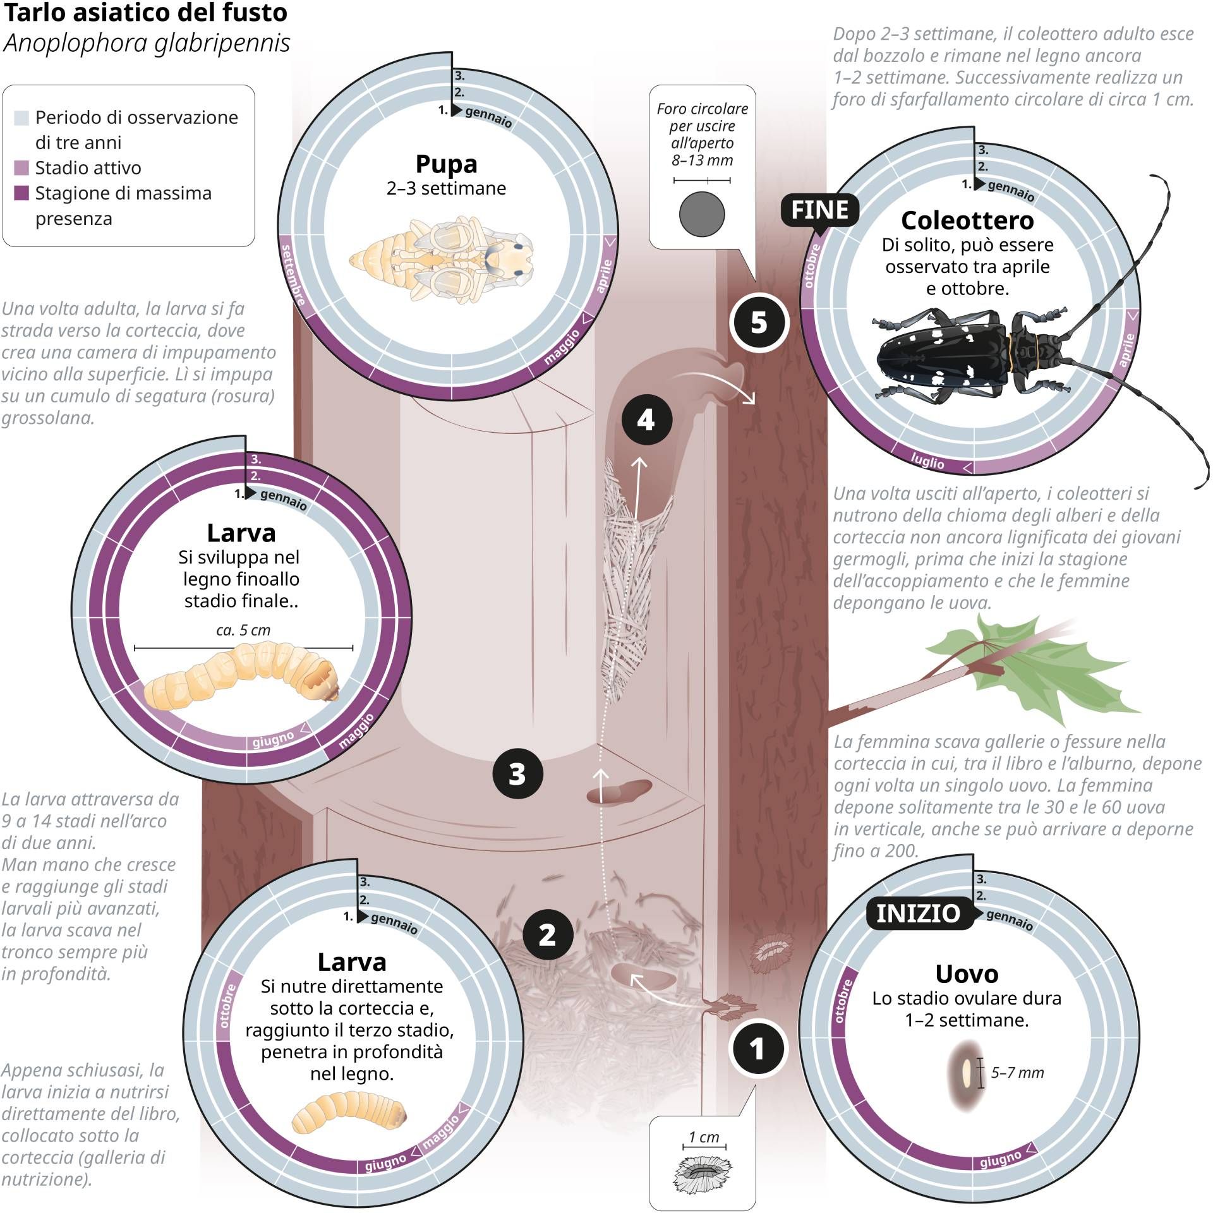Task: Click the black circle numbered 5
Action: (759, 323)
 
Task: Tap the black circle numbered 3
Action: (517, 773)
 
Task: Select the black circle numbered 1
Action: (757, 1049)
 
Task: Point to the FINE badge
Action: (819, 210)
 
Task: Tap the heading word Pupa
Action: (446, 164)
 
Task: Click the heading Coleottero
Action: (967, 220)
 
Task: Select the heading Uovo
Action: (967, 974)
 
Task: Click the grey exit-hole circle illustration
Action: (702, 214)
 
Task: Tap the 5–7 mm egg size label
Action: (1017, 1072)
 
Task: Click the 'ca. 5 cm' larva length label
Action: (243, 630)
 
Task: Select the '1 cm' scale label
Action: (704, 1137)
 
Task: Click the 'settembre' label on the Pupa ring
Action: (293, 275)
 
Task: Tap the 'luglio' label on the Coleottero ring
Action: (927, 461)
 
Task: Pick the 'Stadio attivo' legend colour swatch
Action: (21, 168)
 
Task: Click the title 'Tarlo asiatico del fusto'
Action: (145, 12)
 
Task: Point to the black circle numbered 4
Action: (645, 419)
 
